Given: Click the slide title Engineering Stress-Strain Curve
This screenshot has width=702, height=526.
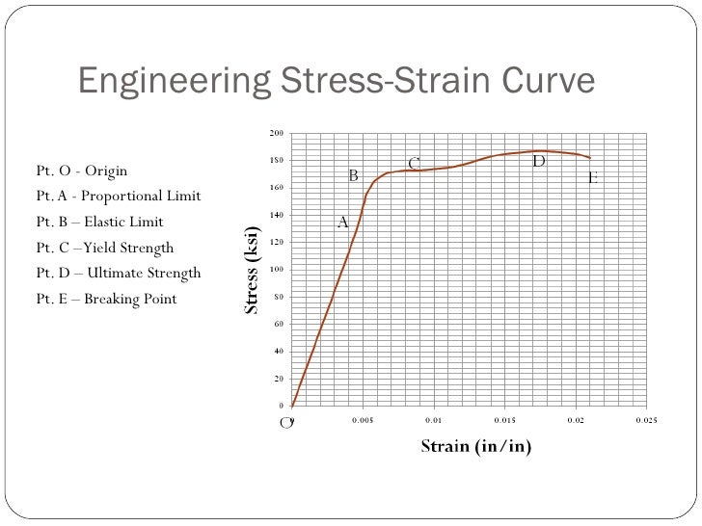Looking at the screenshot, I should [337, 82].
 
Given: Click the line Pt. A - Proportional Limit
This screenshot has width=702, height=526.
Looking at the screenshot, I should [118, 197].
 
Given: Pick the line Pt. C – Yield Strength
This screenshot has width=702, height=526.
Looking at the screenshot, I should [104, 248].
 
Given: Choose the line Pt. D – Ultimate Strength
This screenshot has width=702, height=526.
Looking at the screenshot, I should [118, 273].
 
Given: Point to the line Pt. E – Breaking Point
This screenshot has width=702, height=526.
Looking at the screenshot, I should [106, 299].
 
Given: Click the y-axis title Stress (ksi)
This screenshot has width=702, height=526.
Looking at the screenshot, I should [252, 270].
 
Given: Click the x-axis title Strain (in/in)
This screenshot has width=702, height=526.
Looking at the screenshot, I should [475, 446].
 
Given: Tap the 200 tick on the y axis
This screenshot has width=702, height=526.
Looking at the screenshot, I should [277, 133].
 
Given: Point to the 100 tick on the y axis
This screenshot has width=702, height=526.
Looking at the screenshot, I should [277, 270].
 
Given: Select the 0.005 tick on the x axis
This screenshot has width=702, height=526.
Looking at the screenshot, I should [363, 420].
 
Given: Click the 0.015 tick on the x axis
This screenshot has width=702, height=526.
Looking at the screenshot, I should [504, 420].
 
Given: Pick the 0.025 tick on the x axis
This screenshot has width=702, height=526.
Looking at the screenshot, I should [646, 420].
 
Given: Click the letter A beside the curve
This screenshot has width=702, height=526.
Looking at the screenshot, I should [342, 223].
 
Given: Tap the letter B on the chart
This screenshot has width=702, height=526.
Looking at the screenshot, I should [353, 176].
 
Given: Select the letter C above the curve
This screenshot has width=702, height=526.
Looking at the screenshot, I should [414, 164].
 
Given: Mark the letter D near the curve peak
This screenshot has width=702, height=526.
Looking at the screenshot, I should [539, 161].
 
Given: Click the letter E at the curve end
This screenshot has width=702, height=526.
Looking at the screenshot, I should [592, 178].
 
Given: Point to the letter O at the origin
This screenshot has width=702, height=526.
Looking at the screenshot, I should [285, 423].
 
